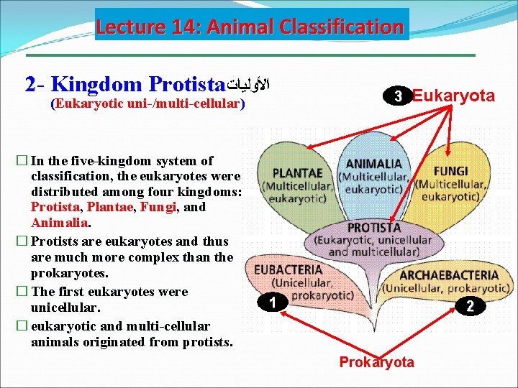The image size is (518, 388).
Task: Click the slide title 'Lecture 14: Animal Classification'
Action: coord(250,27)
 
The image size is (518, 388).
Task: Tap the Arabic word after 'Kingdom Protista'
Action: coord(249,85)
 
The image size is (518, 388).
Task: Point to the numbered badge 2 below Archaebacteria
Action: coord(468,306)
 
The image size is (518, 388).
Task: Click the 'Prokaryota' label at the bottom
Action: coord(376,362)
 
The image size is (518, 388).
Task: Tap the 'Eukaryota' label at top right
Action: coord(454,96)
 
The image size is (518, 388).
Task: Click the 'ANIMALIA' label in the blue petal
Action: coord(373,164)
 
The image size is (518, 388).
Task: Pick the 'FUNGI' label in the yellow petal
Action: coord(450,171)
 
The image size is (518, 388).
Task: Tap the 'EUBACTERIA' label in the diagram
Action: coord(288,269)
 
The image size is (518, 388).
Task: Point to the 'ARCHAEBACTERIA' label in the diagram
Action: coord(448,274)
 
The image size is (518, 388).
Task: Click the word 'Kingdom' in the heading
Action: coord(96,85)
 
